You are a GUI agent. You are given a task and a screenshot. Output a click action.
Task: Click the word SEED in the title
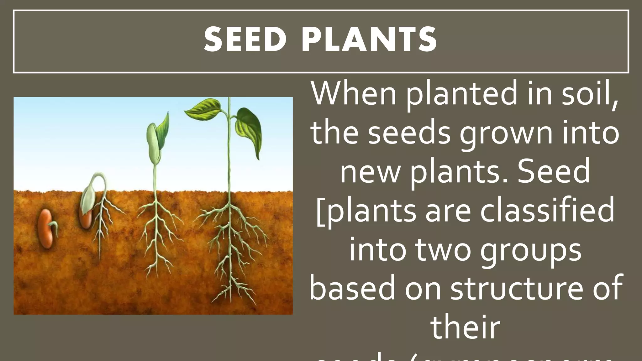point(245,39)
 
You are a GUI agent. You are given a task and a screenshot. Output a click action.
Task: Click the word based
point(352,288)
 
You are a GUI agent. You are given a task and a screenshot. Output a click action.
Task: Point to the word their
point(465,327)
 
